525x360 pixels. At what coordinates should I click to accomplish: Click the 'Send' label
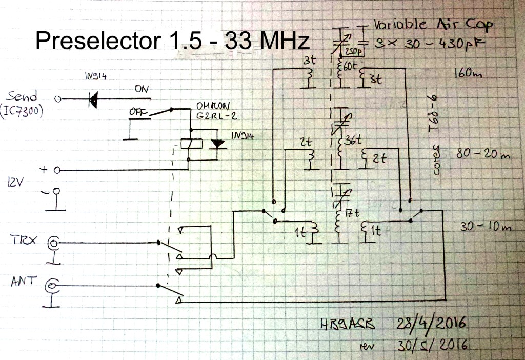coord(22,96)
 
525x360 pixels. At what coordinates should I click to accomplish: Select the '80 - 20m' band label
coord(482,153)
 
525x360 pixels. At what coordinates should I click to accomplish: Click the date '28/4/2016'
coord(431,323)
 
